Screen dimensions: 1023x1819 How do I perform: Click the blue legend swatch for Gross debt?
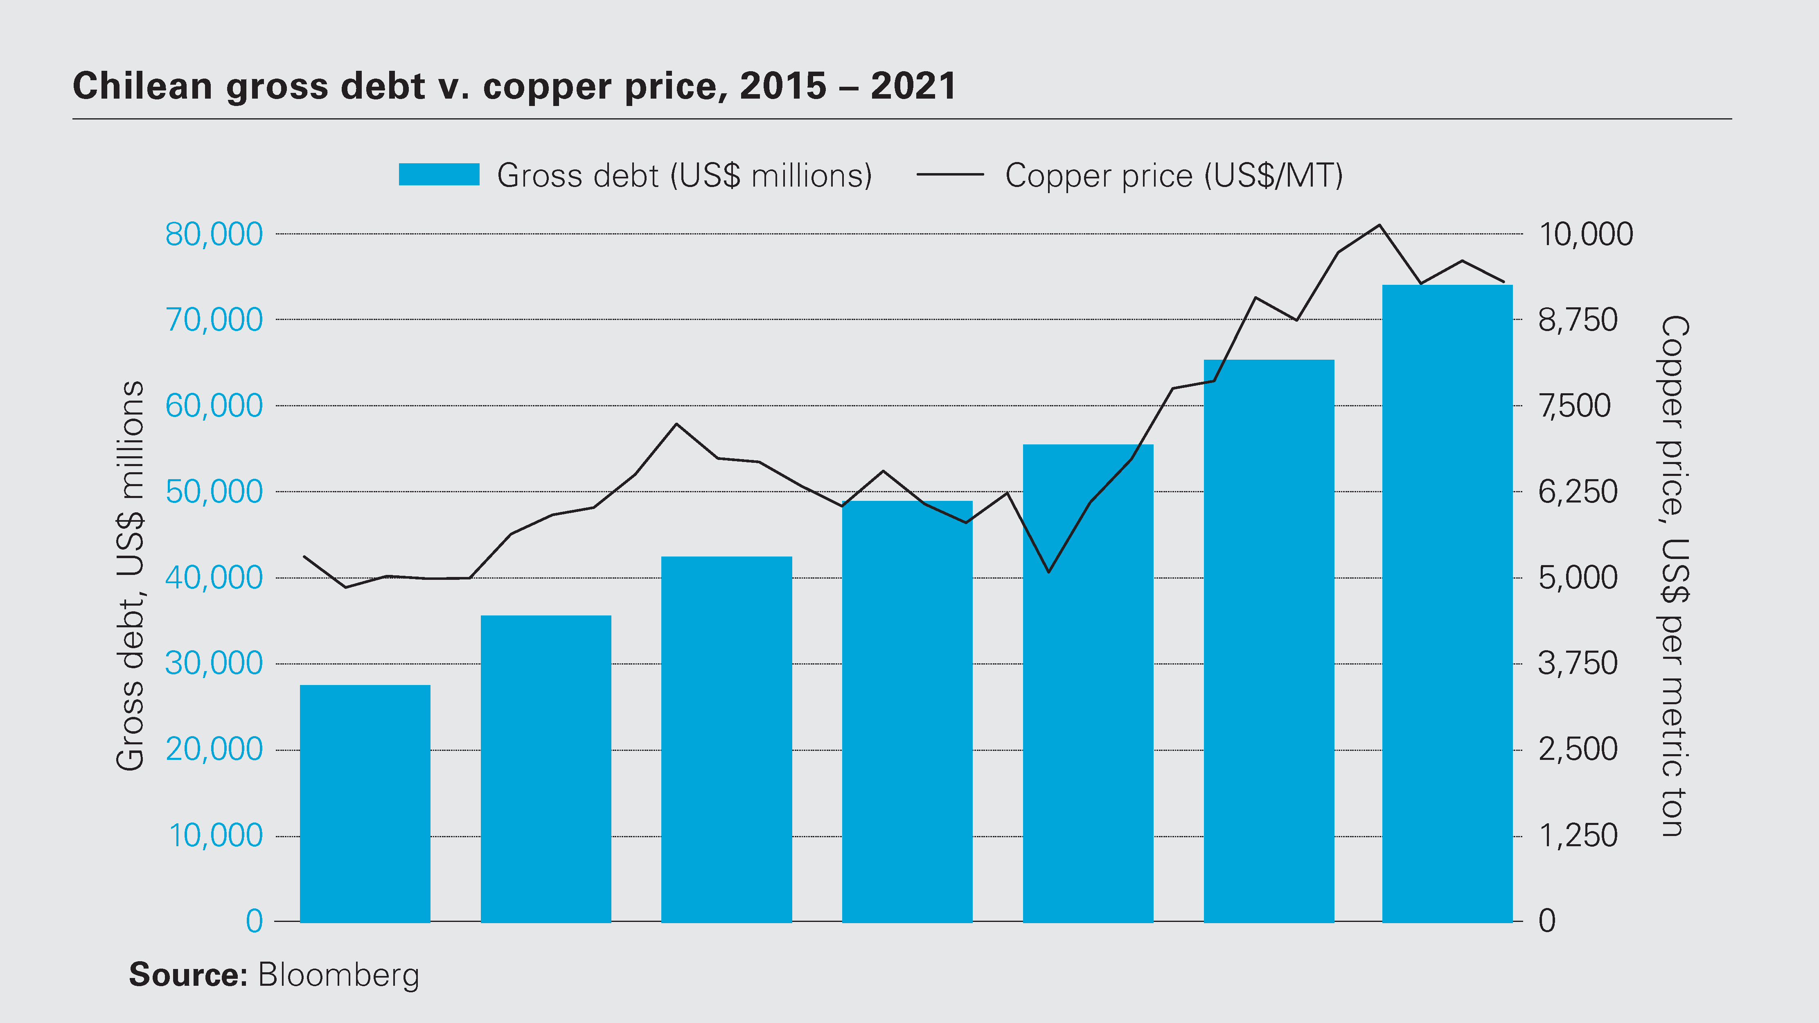click(x=439, y=174)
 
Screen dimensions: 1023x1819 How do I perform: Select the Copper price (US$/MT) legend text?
click(x=1174, y=176)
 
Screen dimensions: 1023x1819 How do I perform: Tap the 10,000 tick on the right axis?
click(x=1585, y=234)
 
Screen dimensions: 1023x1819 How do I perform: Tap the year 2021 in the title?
click(x=913, y=86)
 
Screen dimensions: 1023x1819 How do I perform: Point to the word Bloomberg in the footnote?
click(x=338, y=975)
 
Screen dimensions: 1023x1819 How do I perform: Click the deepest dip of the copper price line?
click(x=345, y=587)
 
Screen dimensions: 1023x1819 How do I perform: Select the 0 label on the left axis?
click(x=254, y=922)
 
